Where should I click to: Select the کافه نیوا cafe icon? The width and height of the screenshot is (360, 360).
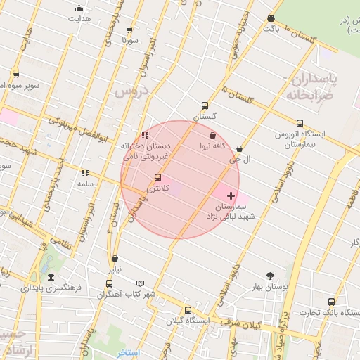click(x=213, y=135)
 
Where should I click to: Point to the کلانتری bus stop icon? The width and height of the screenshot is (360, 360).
click(x=157, y=178)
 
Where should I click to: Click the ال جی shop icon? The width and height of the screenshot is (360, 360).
click(x=240, y=149)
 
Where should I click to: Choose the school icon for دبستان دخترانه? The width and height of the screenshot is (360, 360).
click(x=144, y=135)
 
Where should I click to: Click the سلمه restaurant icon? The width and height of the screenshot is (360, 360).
click(x=85, y=173)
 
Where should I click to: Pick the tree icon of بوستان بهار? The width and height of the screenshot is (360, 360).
click(x=271, y=276)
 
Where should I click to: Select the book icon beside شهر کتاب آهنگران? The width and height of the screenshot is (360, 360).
click(x=140, y=283)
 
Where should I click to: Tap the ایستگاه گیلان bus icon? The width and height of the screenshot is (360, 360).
click(x=188, y=310)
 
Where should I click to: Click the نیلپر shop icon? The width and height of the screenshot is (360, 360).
click(x=115, y=259)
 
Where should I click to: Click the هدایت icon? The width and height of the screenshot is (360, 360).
click(x=79, y=9)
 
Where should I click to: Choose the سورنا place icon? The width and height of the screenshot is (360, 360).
click(x=129, y=30)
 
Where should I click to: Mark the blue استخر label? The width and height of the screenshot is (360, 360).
click(x=129, y=352)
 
